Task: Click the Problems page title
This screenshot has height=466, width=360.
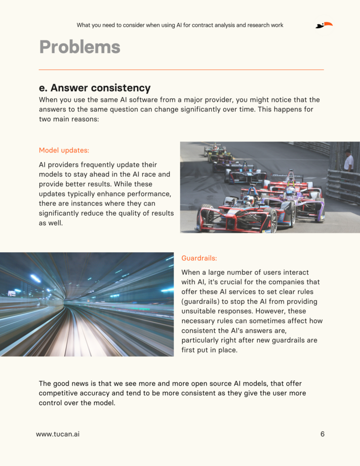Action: pos(80,47)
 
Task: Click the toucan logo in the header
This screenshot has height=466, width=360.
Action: pos(323,25)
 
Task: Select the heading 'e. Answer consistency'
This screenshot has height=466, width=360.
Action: pos(95,88)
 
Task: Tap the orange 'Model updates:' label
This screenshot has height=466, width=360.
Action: pos(64,150)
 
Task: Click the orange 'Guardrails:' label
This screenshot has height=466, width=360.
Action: pos(199,258)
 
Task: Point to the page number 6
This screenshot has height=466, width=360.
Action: pos(322,434)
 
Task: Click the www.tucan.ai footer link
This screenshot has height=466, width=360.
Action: pos(58,434)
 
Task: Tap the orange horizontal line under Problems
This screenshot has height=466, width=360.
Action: pos(181,70)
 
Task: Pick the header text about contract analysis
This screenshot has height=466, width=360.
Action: pos(180,25)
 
